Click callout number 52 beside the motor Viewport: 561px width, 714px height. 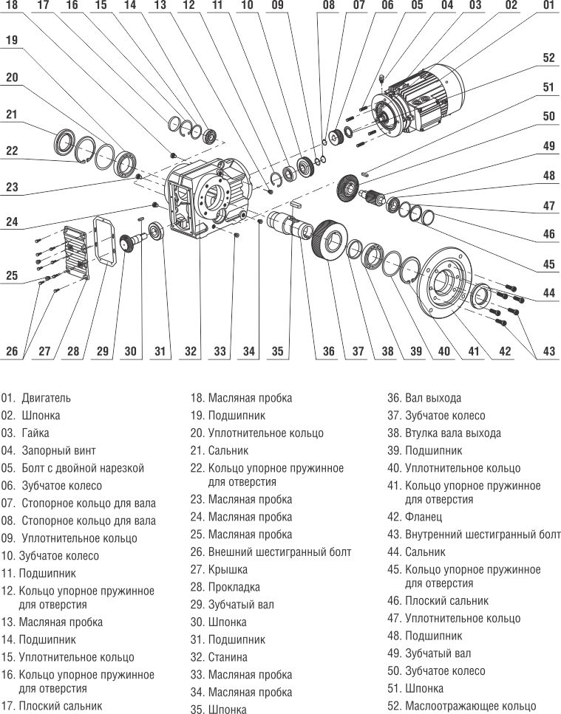click(548, 58)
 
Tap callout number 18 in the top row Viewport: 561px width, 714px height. click(13, 5)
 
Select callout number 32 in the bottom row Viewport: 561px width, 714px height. click(191, 351)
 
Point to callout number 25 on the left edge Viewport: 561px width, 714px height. click(12, 275)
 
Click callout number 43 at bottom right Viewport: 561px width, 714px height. click(548, 351)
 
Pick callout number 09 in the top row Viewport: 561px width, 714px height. click(277, 5)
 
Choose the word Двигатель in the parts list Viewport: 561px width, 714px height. click(46, 398)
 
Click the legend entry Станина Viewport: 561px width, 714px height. click(228, 657)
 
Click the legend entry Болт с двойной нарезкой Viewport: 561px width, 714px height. click(82, 468)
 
